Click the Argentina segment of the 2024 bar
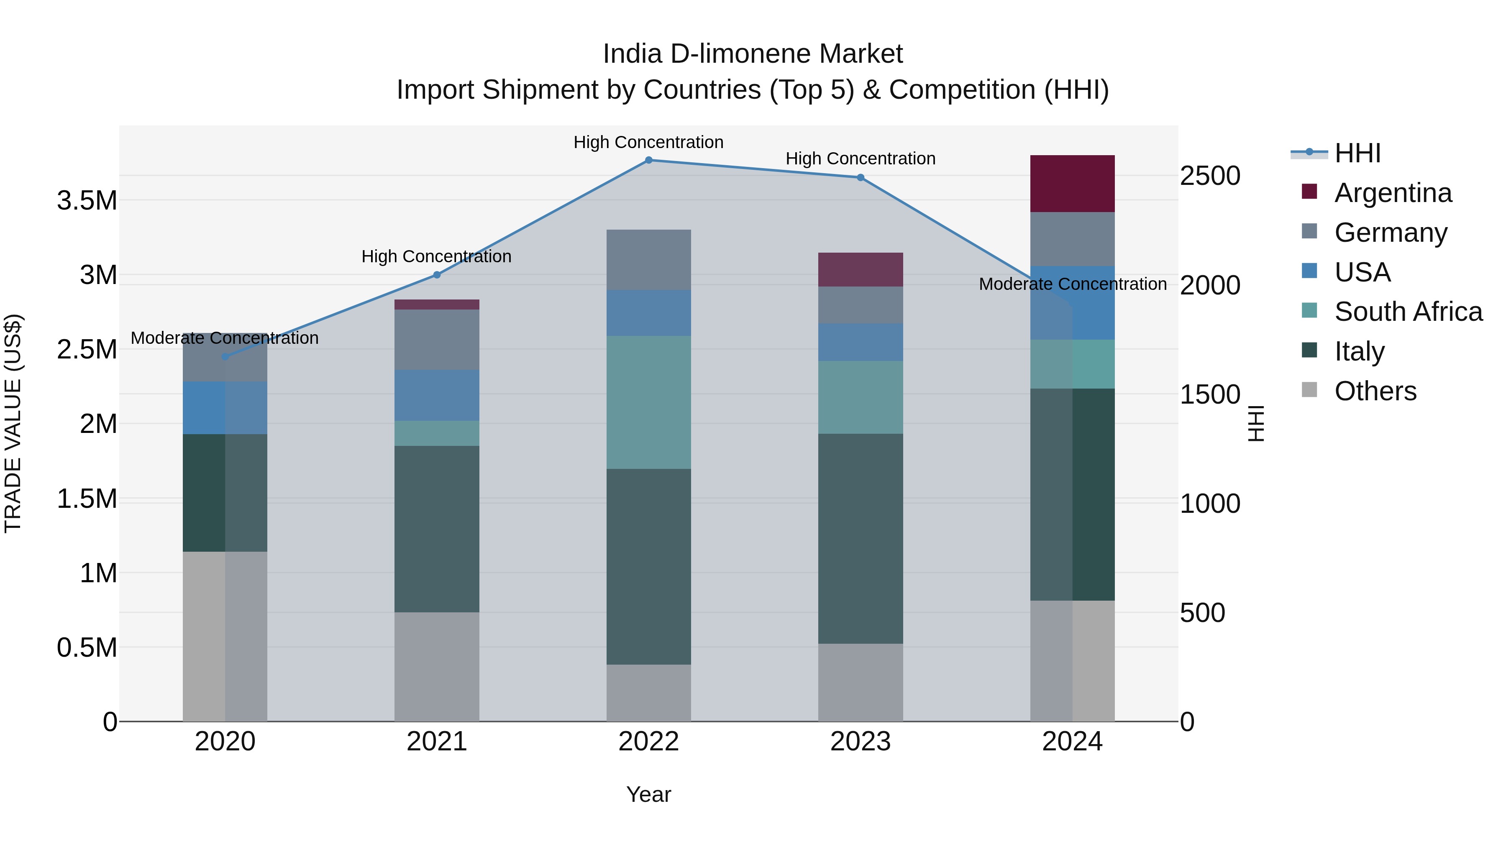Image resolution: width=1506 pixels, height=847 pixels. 1072,184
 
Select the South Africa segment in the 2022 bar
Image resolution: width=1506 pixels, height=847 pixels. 648,402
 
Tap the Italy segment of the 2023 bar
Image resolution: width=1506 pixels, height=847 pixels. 860,538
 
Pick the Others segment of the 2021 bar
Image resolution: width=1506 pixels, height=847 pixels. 437,666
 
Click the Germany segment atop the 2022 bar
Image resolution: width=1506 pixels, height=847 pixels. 648,259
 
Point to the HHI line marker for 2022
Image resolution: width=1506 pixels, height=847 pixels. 648,160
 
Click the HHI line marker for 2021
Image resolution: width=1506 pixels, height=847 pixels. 437,275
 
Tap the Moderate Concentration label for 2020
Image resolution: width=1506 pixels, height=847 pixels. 225,338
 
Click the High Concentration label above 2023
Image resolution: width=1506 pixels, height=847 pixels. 860,159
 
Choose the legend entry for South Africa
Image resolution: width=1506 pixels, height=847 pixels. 1408,312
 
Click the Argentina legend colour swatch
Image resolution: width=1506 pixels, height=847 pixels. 1309,192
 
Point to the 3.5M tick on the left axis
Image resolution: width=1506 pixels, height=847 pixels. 87,200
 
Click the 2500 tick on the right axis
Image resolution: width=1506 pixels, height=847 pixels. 1209,176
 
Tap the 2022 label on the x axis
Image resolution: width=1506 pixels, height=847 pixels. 648,742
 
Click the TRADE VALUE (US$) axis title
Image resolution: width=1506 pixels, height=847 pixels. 13,423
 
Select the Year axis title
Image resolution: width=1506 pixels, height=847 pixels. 648,794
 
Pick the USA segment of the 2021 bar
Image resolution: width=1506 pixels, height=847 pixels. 437,395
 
